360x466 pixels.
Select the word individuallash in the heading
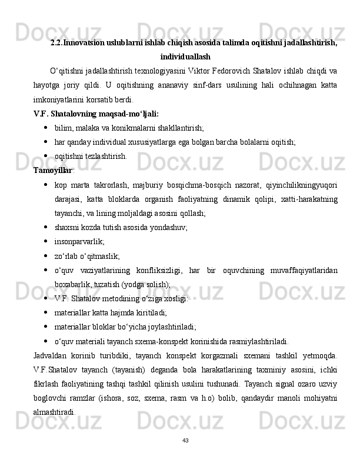pos(185,57)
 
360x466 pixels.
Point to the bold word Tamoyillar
pos(52,171)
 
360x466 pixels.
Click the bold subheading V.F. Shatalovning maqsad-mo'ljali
pos(96,114)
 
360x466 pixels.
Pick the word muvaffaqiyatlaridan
pos(303,269)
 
